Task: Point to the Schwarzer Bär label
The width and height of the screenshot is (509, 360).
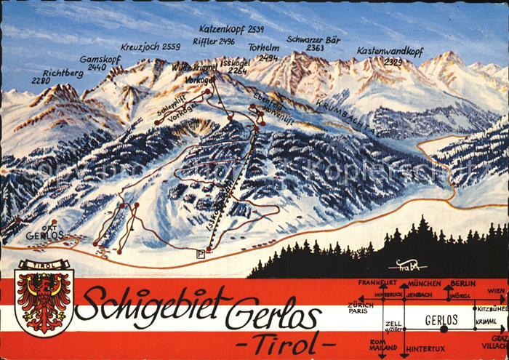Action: click(x=315, y=40)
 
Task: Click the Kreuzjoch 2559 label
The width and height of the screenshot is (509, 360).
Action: click(x=151, y=47)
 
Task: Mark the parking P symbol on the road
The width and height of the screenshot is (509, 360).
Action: click(x=200, y=252)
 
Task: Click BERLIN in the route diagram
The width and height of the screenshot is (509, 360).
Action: click(x=462, y=282)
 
